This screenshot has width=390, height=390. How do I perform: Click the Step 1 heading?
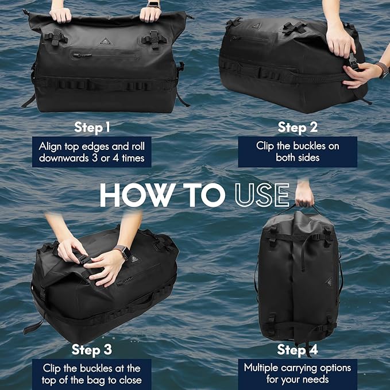[92, 127]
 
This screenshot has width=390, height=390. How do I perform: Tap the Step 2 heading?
[298, 127]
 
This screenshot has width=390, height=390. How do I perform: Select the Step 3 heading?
[92, 350]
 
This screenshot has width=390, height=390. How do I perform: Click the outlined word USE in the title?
[261, 196]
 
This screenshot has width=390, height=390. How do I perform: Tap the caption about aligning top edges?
[92, 152]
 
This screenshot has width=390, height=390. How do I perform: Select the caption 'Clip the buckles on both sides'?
[298, 152]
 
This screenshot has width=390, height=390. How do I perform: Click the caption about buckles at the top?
[92, 373]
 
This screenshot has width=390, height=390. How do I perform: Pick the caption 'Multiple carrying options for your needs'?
[297, 373]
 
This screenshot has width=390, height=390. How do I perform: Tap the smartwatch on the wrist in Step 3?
[121, 252]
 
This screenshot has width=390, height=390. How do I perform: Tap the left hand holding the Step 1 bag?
[60, 14]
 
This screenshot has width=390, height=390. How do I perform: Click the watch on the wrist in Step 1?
[153, 4]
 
